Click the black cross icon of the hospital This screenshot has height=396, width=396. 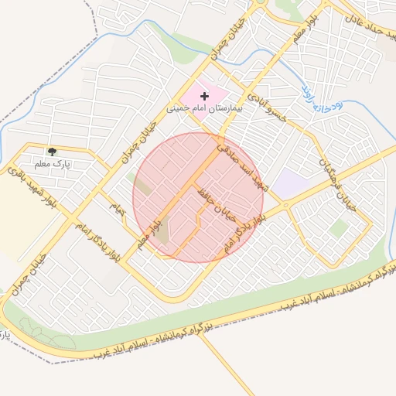(x=204, y=96)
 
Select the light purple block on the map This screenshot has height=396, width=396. (x=291, y=184)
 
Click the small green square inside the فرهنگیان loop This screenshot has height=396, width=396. (x=338, y=228)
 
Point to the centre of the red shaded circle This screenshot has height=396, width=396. (x=198, y=197)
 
